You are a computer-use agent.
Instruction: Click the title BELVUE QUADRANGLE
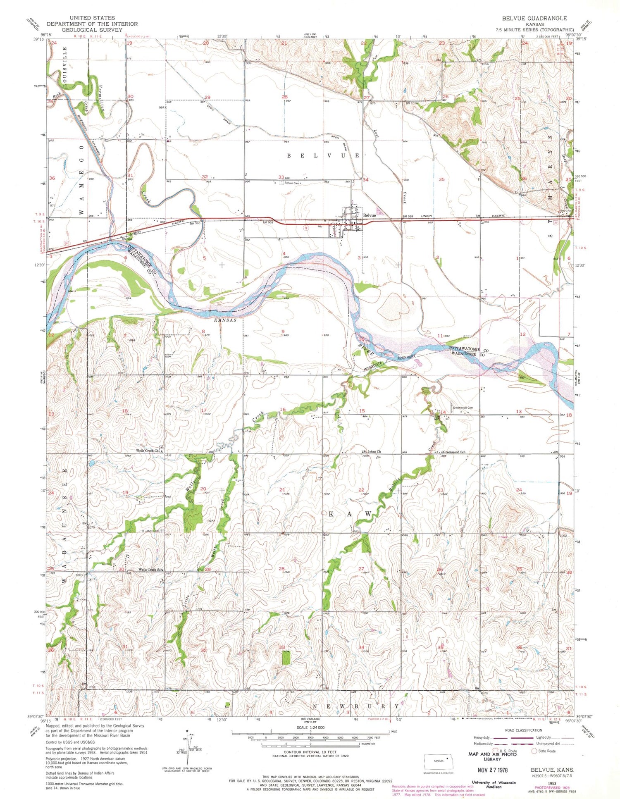tap(534, 18)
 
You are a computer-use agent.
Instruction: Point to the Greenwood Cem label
tap(463, 408)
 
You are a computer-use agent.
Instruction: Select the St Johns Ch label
tap(372, 451)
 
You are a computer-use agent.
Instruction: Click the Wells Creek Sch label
tap(150, 570)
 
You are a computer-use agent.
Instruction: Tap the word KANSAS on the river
tap(225, 320)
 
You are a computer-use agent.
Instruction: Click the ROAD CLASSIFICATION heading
tap(523, 730)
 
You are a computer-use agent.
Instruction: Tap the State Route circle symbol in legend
tap(534, 751)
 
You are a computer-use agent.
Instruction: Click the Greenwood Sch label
tap(454, 452)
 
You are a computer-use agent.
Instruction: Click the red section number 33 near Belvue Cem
tap(281, 177)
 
